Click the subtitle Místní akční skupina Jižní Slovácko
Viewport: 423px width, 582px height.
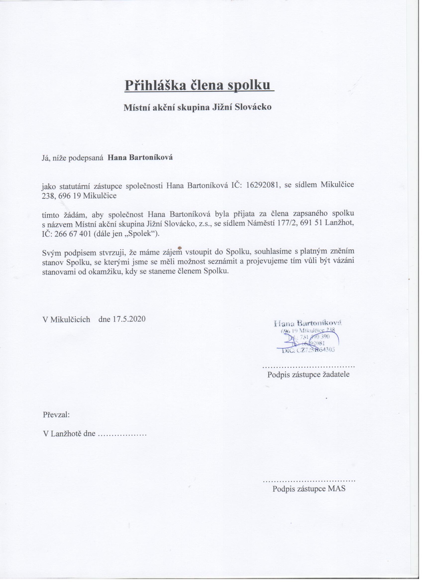click(198, 107)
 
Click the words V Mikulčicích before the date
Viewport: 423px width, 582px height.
click(66, 319)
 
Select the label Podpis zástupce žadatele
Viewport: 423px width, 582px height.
click(308, 375)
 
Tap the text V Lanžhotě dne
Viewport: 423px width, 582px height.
click(69, 434)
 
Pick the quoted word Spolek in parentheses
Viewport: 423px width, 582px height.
click(143, 234)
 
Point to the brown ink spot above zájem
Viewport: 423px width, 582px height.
click(180, 248)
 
